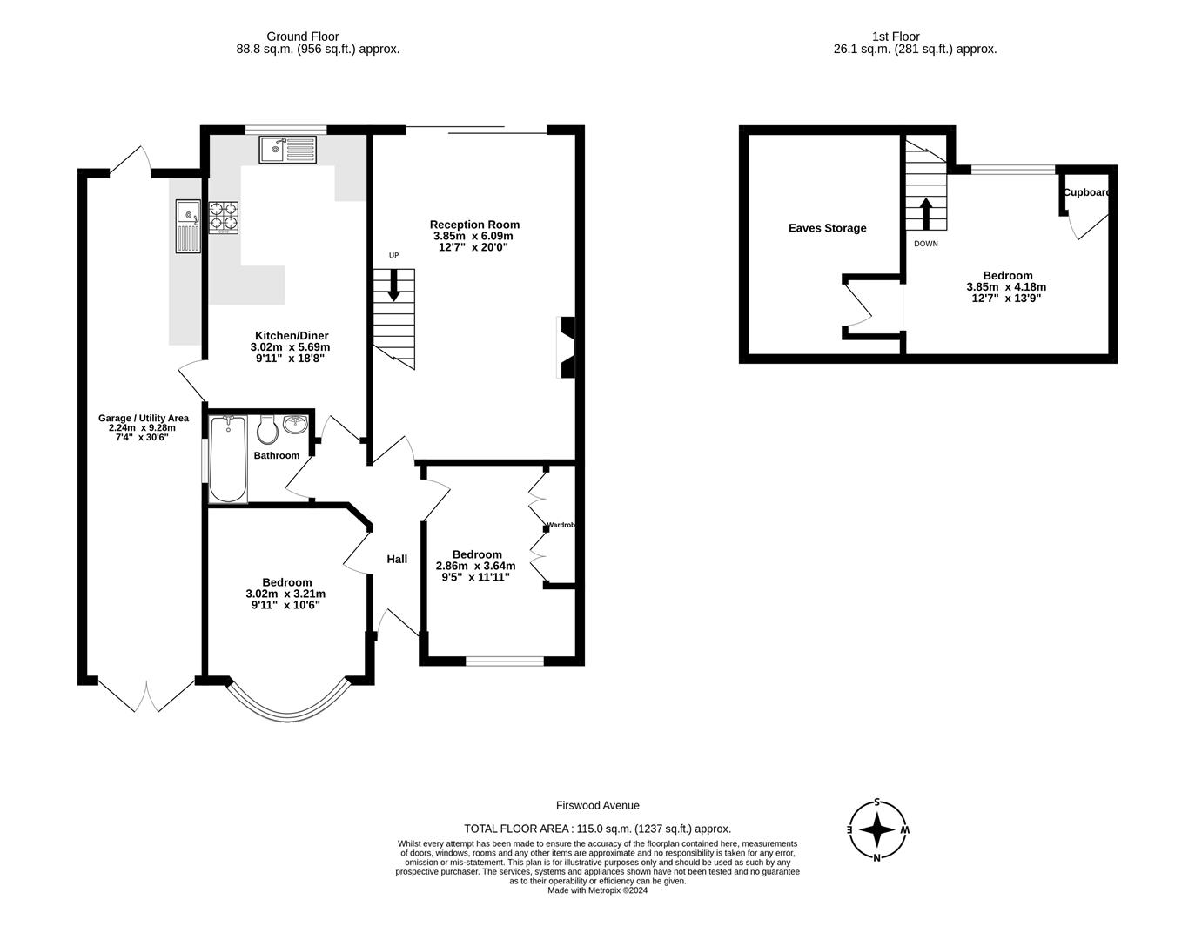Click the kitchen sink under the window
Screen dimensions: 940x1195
coord(288,150)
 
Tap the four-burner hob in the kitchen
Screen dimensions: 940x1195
coord(223,217)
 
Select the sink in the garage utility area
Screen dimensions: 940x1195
coord(188,225)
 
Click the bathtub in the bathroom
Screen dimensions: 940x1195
coord(228,459)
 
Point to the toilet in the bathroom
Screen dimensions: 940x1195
coord(267,428)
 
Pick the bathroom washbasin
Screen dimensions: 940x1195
coord(296,425)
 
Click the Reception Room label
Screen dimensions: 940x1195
coord(474,225)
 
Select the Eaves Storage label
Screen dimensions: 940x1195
coord(827,228)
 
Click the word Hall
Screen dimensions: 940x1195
coord(397,559)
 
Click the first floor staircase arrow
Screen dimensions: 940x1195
coord(925,213)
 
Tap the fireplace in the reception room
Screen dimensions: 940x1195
coord(566,347)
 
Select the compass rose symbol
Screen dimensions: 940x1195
coord(878,830)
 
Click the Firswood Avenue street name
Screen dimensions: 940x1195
coord(597,806)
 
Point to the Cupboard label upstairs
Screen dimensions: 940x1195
coord(1087,192)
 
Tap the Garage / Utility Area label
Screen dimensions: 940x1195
coord(143,418)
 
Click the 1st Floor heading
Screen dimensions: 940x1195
coord(896,37)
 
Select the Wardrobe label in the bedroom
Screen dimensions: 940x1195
coord(561,525)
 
